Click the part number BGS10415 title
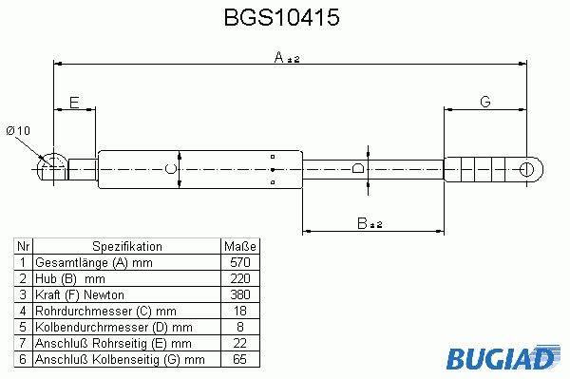click(282, 17)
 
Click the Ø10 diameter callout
click(18, 131)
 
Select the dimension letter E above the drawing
click(74, 103)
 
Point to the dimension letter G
click(485, 102)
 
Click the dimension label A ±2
click(287, 57)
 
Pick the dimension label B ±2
click(370, 223)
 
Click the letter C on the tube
click(170, 169)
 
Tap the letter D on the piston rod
click(358, 168)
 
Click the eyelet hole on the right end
click(526, 169)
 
